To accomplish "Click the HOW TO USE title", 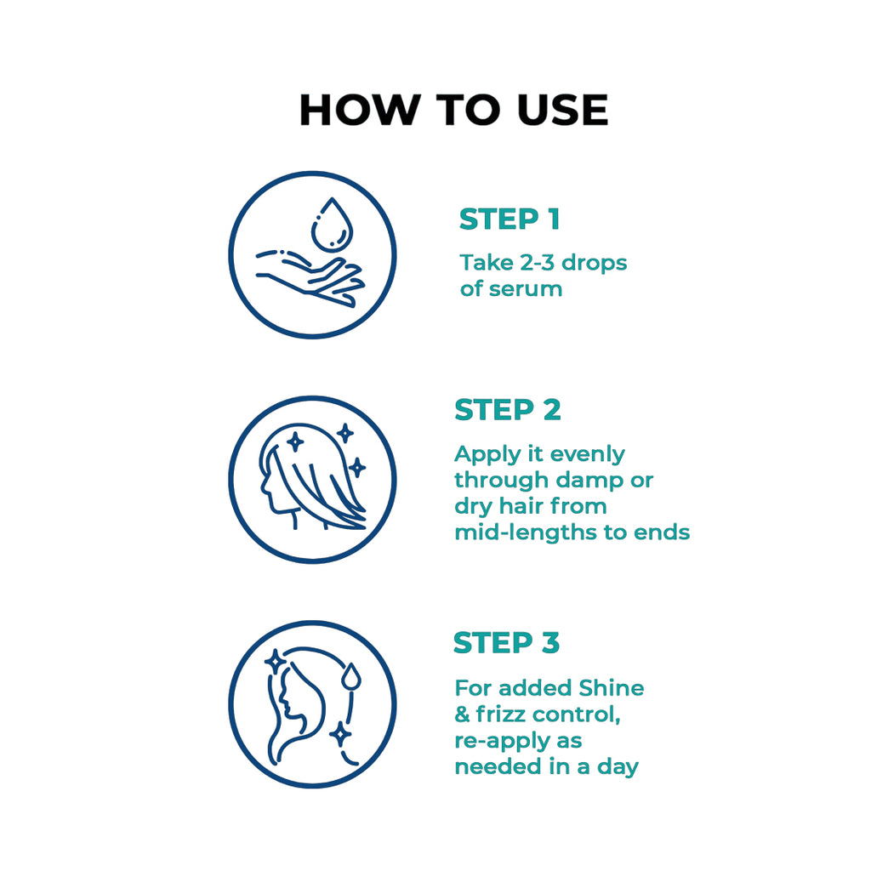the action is pyautogui.click(x=454, y=110).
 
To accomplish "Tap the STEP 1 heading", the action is pyautogui.click(x=510, y=219).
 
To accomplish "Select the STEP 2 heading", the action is pyautogui.click(x=508, y=410).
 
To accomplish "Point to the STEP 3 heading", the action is pyautogui.click(x=507, y=643).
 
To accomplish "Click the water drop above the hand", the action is pyautogui.click(x=333, y=224).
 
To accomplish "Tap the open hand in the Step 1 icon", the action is pyautogui.click(x=310, y=278).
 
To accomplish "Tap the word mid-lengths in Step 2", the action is pyautogui.click(x=526, y=532).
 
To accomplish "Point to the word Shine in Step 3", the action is pyautogui.click(x=611, y=687).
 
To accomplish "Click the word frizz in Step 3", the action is pyautogui.click(x=501, y=714).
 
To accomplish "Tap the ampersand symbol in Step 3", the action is pyautogui.click(x=462, y=714).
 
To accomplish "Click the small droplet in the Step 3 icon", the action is pyautogui.click(x=350, y=677).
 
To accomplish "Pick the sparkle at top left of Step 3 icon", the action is pyautogui.click(x=275, y=662).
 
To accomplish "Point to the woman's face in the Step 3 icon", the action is pyautogui.click(x=287, y=699).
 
